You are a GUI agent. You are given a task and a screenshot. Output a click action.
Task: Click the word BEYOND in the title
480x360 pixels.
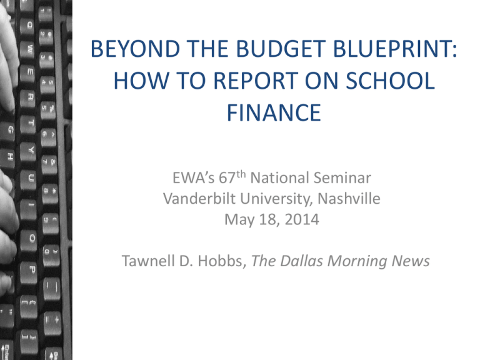click(135, 49)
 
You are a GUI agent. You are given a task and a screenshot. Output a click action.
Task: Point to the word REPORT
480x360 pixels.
click(256, 81)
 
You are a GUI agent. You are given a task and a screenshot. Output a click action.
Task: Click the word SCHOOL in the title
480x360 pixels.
click(390, 81)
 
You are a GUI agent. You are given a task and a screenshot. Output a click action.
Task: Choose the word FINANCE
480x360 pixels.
click(274, 113)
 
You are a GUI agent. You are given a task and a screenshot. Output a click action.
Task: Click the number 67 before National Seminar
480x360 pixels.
click(227, 178)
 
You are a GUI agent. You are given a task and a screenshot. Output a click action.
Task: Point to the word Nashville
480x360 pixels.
click(349, 199)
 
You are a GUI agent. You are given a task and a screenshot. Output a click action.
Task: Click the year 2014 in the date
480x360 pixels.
click(302, 219)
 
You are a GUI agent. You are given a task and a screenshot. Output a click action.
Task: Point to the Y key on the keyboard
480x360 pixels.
click(30, 151)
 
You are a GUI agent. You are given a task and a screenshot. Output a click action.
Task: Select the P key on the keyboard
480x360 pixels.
click(32, 270)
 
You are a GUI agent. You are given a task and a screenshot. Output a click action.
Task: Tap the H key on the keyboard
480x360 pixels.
click(10, 157)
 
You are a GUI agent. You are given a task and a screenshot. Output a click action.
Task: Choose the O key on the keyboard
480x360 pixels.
click(31, 238)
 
